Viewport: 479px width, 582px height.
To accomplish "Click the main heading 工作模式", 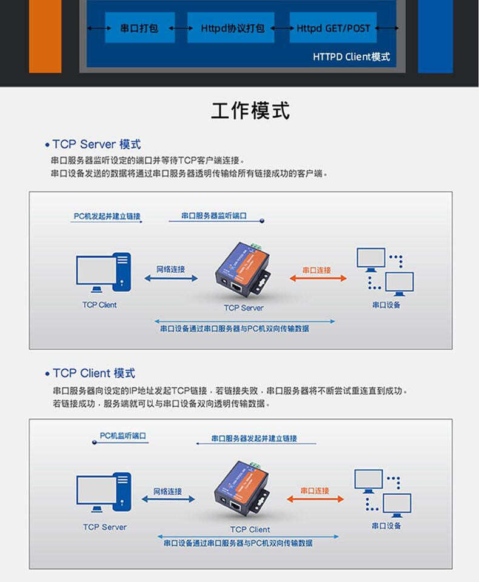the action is tap(250, 110).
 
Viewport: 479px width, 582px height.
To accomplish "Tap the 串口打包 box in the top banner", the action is tap(140, 28).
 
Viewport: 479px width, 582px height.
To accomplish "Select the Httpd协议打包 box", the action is tap(231, 28).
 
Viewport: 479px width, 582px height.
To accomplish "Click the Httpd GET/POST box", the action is tap(333, 28).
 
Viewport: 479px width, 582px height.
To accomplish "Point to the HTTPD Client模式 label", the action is tap(351, 57).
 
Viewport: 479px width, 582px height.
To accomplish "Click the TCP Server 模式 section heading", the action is tap(96, 144).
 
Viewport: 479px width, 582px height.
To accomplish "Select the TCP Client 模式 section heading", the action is tap(94, 373).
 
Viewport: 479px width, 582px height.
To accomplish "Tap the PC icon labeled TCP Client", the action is tap(104, 273).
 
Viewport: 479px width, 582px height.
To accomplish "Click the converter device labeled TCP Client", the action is tap(242, 490).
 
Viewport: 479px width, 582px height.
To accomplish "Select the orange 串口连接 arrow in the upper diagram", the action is tap(318, 278).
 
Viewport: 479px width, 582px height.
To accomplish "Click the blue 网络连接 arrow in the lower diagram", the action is tap(168, 499).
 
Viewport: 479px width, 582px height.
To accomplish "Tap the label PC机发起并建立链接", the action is tap(107, 216).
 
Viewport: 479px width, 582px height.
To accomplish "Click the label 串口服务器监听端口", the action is tap(214, 216).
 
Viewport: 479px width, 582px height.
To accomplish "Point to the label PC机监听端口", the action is tap(123, 435).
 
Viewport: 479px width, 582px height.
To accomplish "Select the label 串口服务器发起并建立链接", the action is tap(254, 438).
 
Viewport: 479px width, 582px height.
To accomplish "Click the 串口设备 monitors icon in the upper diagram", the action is tap(385, 271).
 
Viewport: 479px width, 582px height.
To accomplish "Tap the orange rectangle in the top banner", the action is tap(45, 36).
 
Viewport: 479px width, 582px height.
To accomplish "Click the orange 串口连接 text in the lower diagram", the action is tap(315, 490).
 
